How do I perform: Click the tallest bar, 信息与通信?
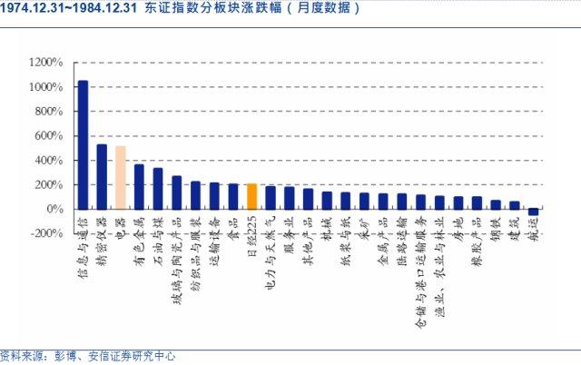(83, 144)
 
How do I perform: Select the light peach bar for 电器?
(120, 177)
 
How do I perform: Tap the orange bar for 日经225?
(252, 196)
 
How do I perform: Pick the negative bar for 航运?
(533, 212)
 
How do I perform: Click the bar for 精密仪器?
(102, 176)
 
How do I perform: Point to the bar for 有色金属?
(139, 186)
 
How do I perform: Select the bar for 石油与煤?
(158, 188)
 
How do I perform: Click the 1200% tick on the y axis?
(45, 63)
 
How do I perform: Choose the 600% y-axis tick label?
(47, 136)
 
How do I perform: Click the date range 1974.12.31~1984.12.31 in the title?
(68, 8)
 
